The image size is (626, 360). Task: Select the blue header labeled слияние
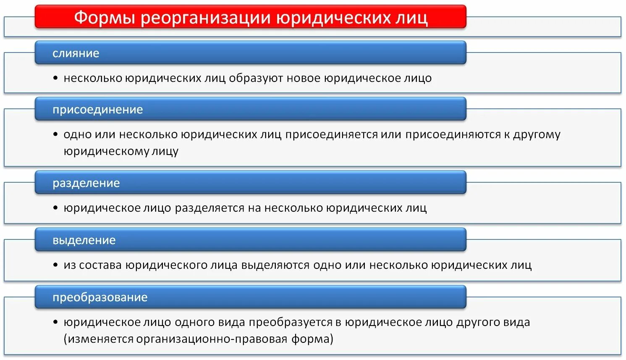click(x=76, y=53)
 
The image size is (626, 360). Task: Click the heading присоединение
click(x=98, y=110)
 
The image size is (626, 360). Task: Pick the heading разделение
click(x=86, y=183)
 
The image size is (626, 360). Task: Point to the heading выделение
click(x=84, y=240)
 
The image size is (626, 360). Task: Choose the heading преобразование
click(x=100, y=297)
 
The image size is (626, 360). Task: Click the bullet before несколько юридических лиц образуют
click(x=55, y=78)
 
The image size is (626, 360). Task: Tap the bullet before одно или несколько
click(x=55, y=134)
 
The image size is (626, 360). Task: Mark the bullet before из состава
click(x=55, y=265)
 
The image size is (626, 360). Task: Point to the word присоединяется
click(x=332, y=134)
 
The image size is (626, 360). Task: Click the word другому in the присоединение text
click(x=537, y=134)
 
